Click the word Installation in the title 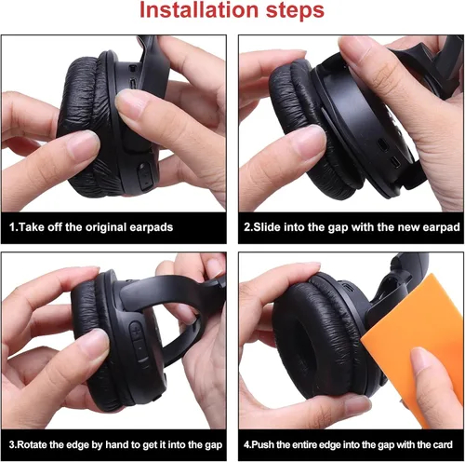(199, 10)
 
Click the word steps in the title (295, 11)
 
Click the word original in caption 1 (106, 227)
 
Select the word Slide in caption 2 (267, 227)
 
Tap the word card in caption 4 (443, 444)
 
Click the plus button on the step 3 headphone (136, 332)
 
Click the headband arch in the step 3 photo (174, 298)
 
